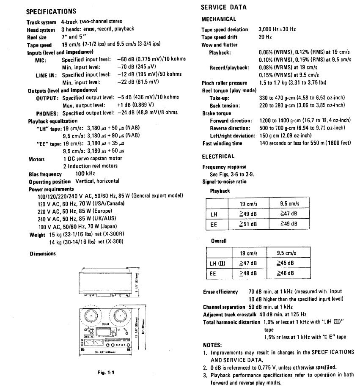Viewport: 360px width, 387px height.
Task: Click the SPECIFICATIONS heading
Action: point(51,11)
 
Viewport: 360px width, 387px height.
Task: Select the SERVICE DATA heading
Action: point(223,7)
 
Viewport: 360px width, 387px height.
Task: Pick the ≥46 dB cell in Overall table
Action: point(289,274)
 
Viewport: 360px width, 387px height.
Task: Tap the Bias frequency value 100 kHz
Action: point(85,174)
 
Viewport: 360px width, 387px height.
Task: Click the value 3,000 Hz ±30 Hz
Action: point(277,30)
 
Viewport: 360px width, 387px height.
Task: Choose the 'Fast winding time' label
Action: point(222,143)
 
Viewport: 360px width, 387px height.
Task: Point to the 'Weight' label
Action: point(37,235)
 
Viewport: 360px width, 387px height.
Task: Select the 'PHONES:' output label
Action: point(47,113)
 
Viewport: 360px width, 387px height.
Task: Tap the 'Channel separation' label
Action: point(224,307)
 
